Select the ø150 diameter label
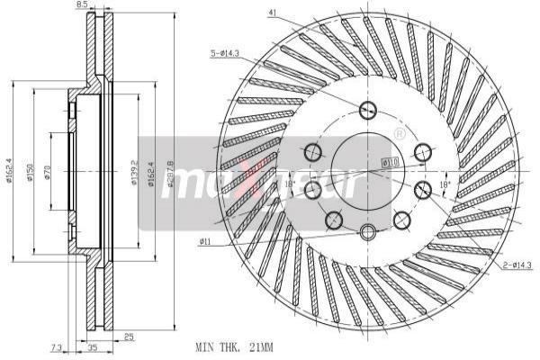click(x=30, y=171)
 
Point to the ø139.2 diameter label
click(x=134, y=171)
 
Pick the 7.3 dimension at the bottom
click(x=56, y=346)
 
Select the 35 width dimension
click(x=92, y=346)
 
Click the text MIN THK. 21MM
click(x=233, y=346)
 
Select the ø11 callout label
click(x=205, y=241)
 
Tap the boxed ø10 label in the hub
click(x=390, y=162)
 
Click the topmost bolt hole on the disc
click(x=367, y=111)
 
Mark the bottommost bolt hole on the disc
click(x=367, y=232)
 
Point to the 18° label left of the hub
click(x=289, y=184)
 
